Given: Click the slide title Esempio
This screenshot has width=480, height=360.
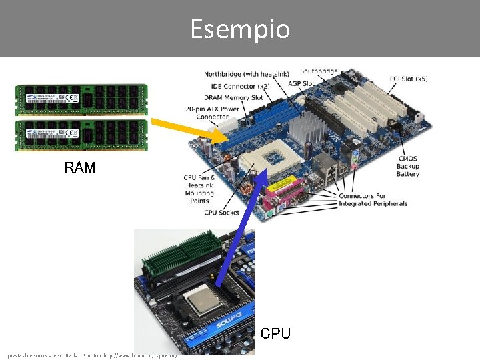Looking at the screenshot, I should pyautogui.click(x=240, y=29).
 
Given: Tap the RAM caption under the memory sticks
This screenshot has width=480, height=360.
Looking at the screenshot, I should pyautogui.click(x=80, y=167).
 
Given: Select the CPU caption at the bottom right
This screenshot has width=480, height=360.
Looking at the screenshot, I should pyautogui.click(x=275, y=333).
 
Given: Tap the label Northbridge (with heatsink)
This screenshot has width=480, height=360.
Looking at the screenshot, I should pyautogui.click(x=246, y=74).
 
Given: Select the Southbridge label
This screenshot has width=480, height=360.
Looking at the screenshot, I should pyautogui.click(x=319, y=71).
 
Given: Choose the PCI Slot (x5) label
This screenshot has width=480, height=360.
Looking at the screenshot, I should pyautogui.click(x=408, y=79).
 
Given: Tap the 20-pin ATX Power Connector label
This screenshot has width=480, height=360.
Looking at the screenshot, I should pyautogui.click(x=212, y=113).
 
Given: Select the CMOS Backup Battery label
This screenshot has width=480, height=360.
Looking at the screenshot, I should pyautogui.click(x=407, y=166).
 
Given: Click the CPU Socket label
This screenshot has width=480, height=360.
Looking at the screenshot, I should pyautogui.click(x=221, y=213).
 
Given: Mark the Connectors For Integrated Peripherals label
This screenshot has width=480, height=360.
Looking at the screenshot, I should pyautogui.click(x=373, y=199).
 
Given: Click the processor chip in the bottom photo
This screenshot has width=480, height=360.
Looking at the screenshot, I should pyautogui.click(x=203, y=303).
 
